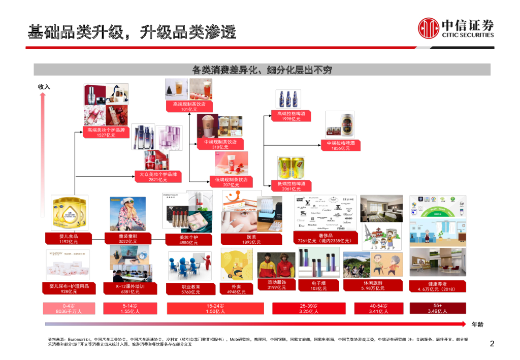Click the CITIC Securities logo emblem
coord(429,29)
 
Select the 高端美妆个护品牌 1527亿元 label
coord(106,133)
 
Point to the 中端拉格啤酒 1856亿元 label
coord(340,146)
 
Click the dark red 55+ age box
coord(437,308)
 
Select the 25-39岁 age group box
coord(308,308)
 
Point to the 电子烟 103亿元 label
coord(319,285)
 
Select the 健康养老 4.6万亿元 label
coord(437,286)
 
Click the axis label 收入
coord(44,87)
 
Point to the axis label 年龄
coord(478,324)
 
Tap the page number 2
coord(492,344)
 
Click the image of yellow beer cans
coord(291,167)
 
